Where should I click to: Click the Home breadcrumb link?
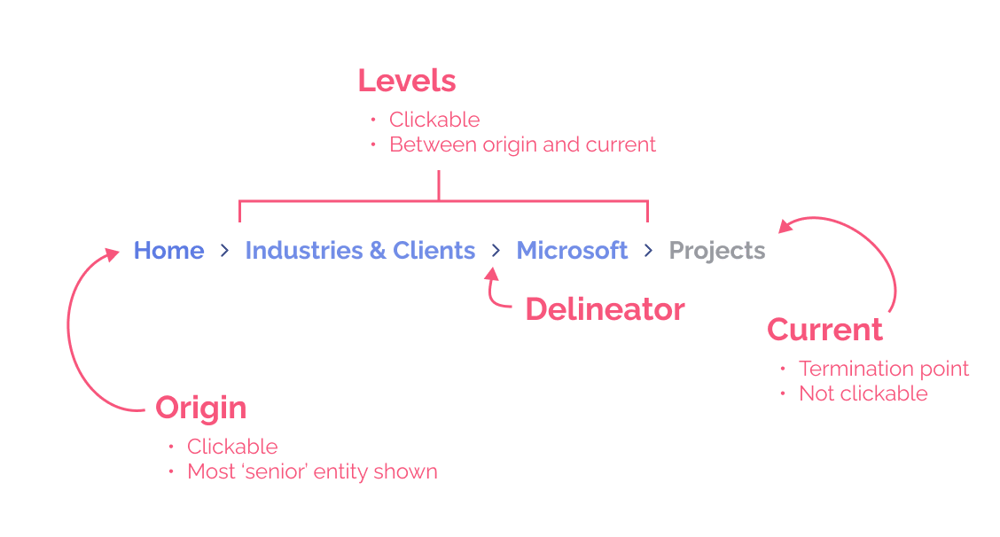click(168, 251)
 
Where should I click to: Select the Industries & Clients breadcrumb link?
click(360, 251)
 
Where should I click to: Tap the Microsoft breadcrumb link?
click(572, 251)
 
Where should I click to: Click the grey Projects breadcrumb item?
click(716, 251)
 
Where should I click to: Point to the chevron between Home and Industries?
click(224, 252)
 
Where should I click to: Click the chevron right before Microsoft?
click(496, 252)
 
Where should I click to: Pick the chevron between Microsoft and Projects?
click(649, 252)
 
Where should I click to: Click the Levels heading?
click(407, 81)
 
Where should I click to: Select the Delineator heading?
click(605, 309)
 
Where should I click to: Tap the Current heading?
click(824, 330)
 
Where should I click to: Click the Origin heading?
click(201, 408)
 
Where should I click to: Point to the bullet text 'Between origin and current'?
click(523, 144)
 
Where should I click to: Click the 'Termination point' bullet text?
click(884, 369)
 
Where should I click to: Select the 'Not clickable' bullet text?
click(863, 393)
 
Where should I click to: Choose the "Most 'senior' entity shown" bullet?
click(312, 471)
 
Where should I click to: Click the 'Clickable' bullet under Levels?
click(434, 120)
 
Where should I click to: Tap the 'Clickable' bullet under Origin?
click(232, 447)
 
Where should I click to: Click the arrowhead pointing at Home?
click(113, 254)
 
